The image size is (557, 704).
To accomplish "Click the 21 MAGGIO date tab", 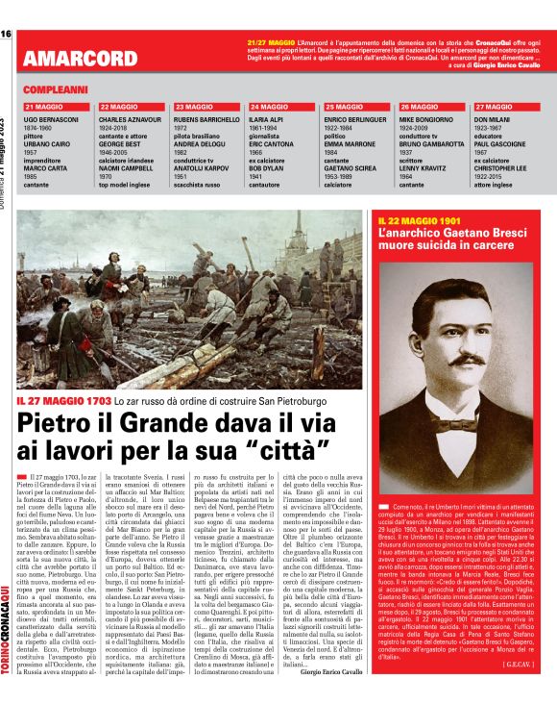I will pyautogui.click(x=43, y=106).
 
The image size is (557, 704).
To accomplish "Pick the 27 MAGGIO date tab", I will pyautogui.click(x=495, y=106).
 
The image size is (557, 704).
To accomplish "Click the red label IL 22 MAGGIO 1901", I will pyautogui.click(x=421, y=221).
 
